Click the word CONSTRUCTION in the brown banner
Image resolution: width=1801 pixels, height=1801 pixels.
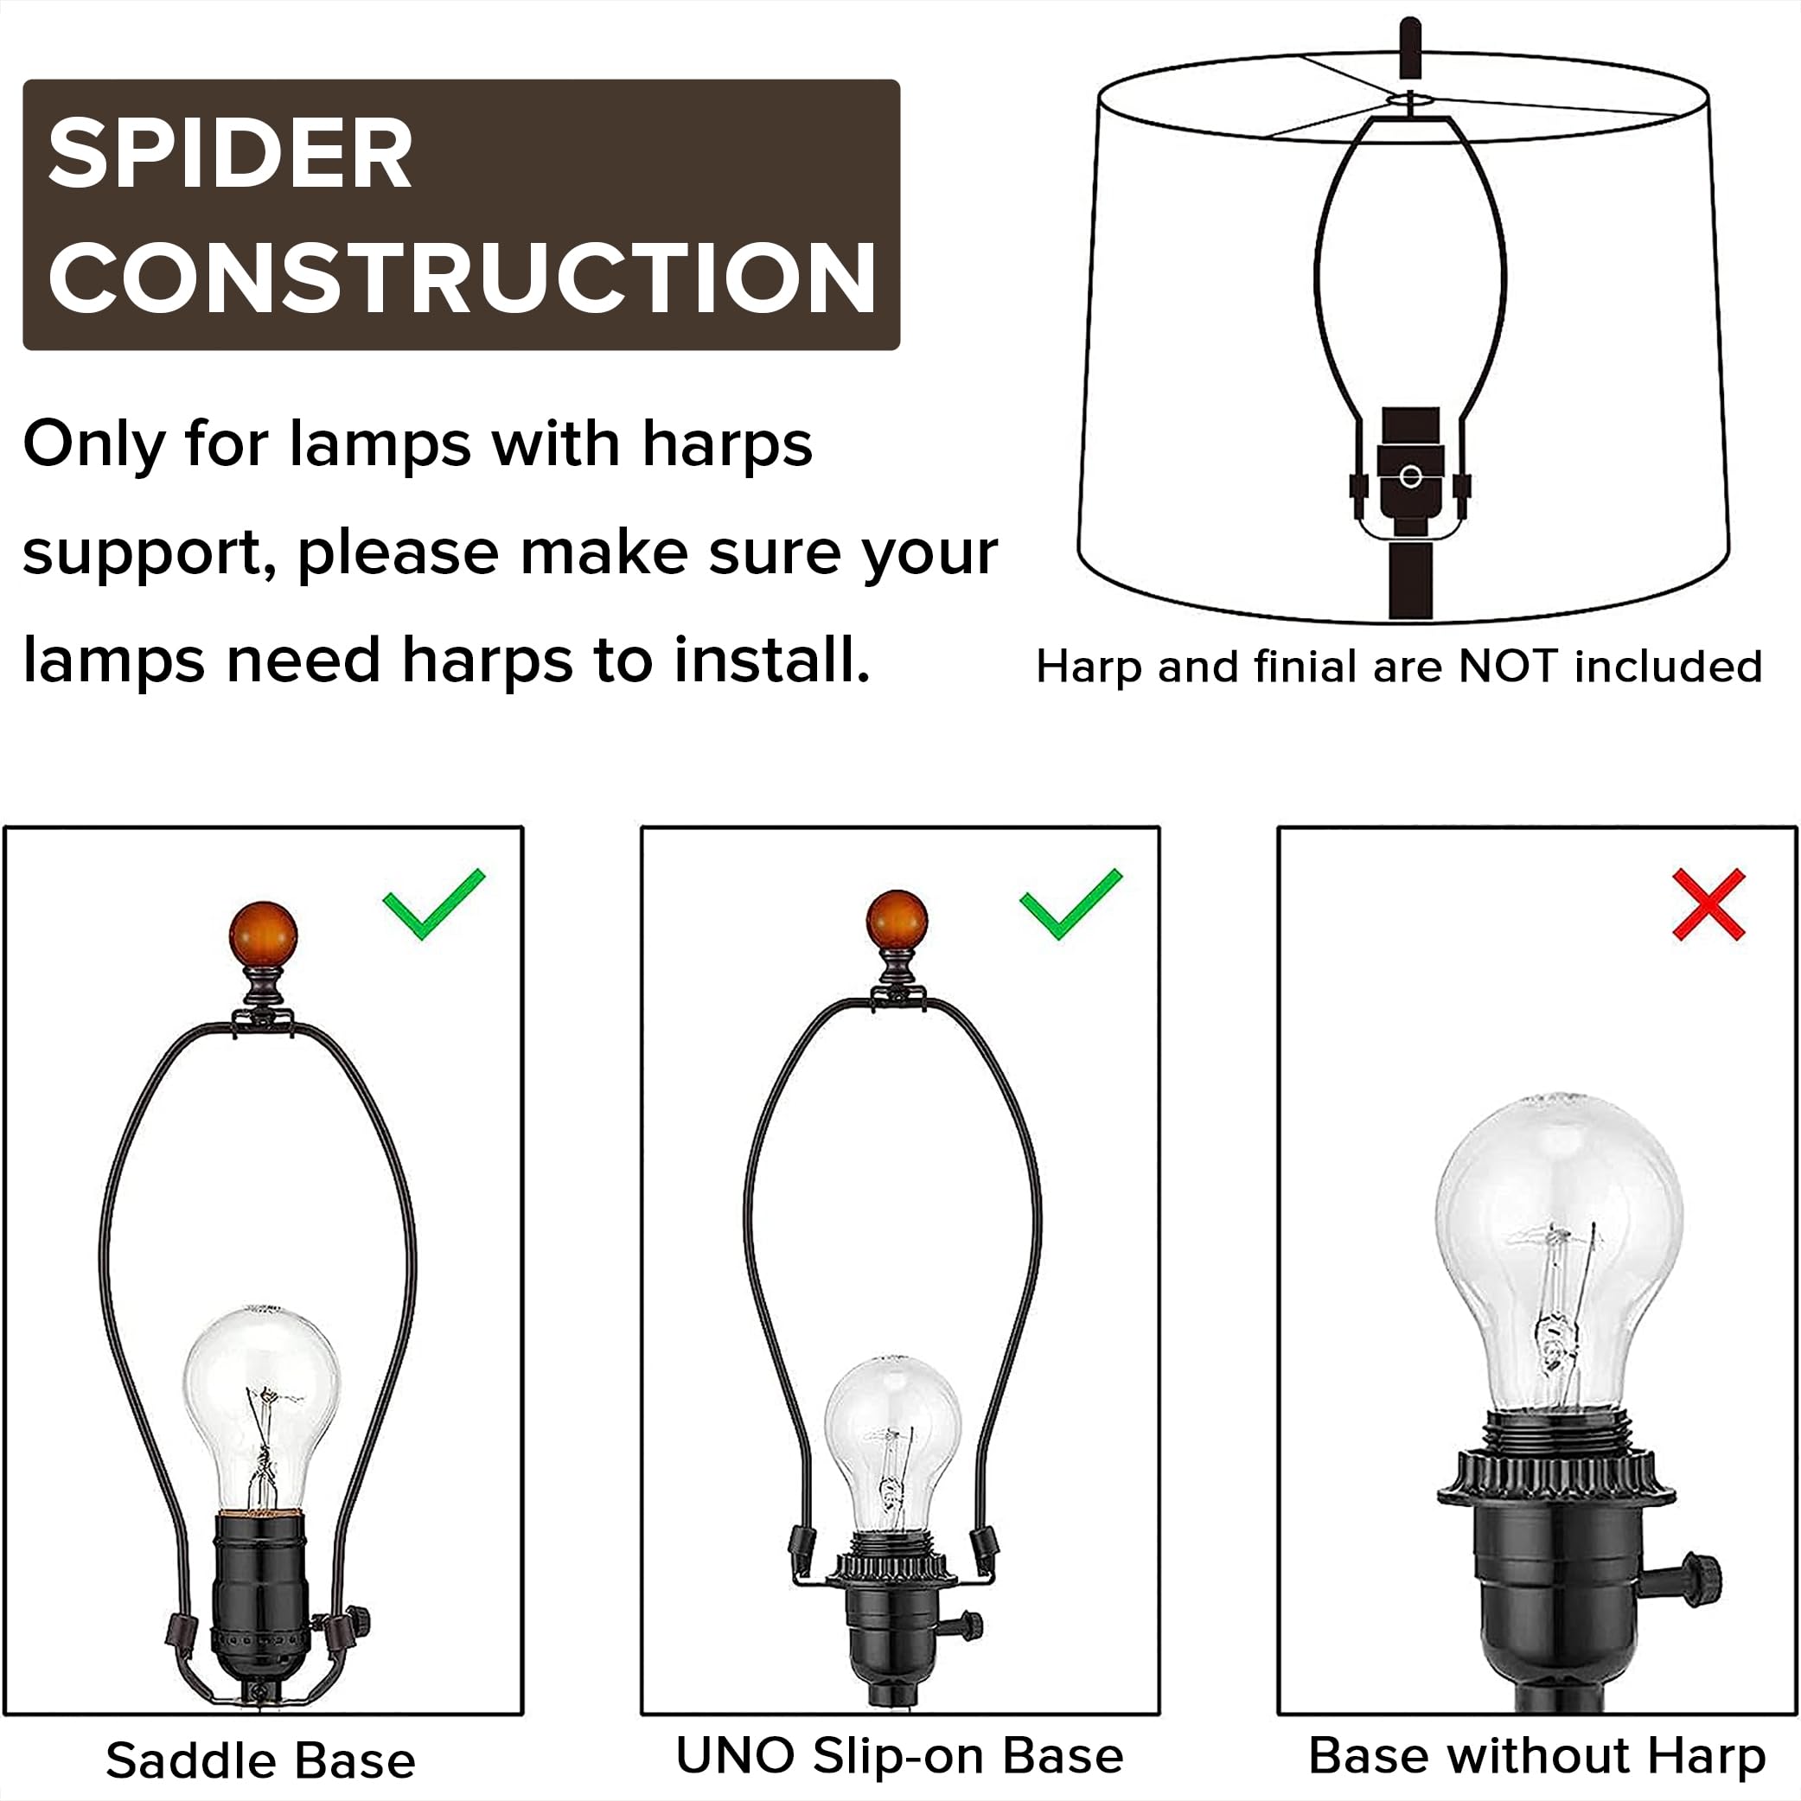462,278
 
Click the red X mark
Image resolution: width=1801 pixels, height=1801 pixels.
1708,905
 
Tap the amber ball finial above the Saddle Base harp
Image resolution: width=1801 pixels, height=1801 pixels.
263,935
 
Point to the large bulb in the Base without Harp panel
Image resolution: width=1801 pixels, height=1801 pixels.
1559,1249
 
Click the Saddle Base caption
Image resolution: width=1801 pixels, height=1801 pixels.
260,1761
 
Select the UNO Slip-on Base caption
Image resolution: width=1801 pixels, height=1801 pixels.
898,1755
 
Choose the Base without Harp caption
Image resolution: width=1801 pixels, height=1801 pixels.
1536,1755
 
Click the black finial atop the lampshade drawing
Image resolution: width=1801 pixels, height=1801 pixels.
1410,47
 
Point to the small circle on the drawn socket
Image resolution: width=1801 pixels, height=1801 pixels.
1410,477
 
